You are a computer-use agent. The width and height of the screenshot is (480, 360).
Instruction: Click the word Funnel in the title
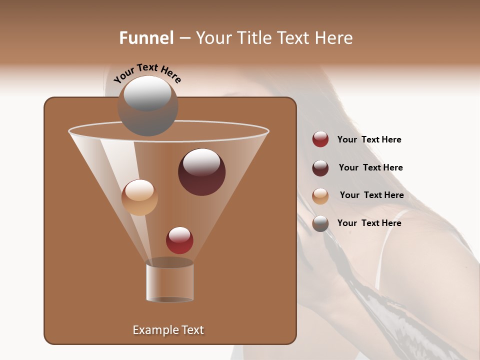click(x=146, y=38)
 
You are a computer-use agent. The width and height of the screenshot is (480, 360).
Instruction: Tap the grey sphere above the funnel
click(x=147, y=106)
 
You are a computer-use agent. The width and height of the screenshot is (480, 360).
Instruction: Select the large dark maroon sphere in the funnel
click(x=201, y=172)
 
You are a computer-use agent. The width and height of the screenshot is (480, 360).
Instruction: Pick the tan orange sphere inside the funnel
click(x=139, y=197)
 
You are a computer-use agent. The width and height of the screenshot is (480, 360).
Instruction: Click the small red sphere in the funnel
click(x=179, y=240)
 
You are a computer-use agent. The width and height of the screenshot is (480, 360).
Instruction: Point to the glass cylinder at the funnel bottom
click(x=170, y=281)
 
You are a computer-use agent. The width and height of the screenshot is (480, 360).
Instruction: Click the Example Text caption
click(x=168, y=330)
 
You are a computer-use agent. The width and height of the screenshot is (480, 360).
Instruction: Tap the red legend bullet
click(x=320, y=139)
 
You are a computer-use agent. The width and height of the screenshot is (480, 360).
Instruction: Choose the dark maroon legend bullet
click(x=320, y=168)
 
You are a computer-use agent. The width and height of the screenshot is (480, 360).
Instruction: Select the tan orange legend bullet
click(x=320, y=195)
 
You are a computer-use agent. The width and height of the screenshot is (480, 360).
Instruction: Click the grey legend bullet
click(x=320, y=223)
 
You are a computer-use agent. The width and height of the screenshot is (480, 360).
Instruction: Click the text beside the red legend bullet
click(x=369, y=139)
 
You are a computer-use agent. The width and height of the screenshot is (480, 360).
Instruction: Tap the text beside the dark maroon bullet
click(x=370, y=167)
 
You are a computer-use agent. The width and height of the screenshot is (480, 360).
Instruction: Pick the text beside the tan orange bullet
click(x=371, y=195)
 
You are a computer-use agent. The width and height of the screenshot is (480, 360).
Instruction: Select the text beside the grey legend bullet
click(x=369, y=223)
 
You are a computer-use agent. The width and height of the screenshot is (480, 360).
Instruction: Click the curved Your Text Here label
click(x=147, y=73)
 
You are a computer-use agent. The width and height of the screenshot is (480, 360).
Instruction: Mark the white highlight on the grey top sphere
click(x=147, y=93)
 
